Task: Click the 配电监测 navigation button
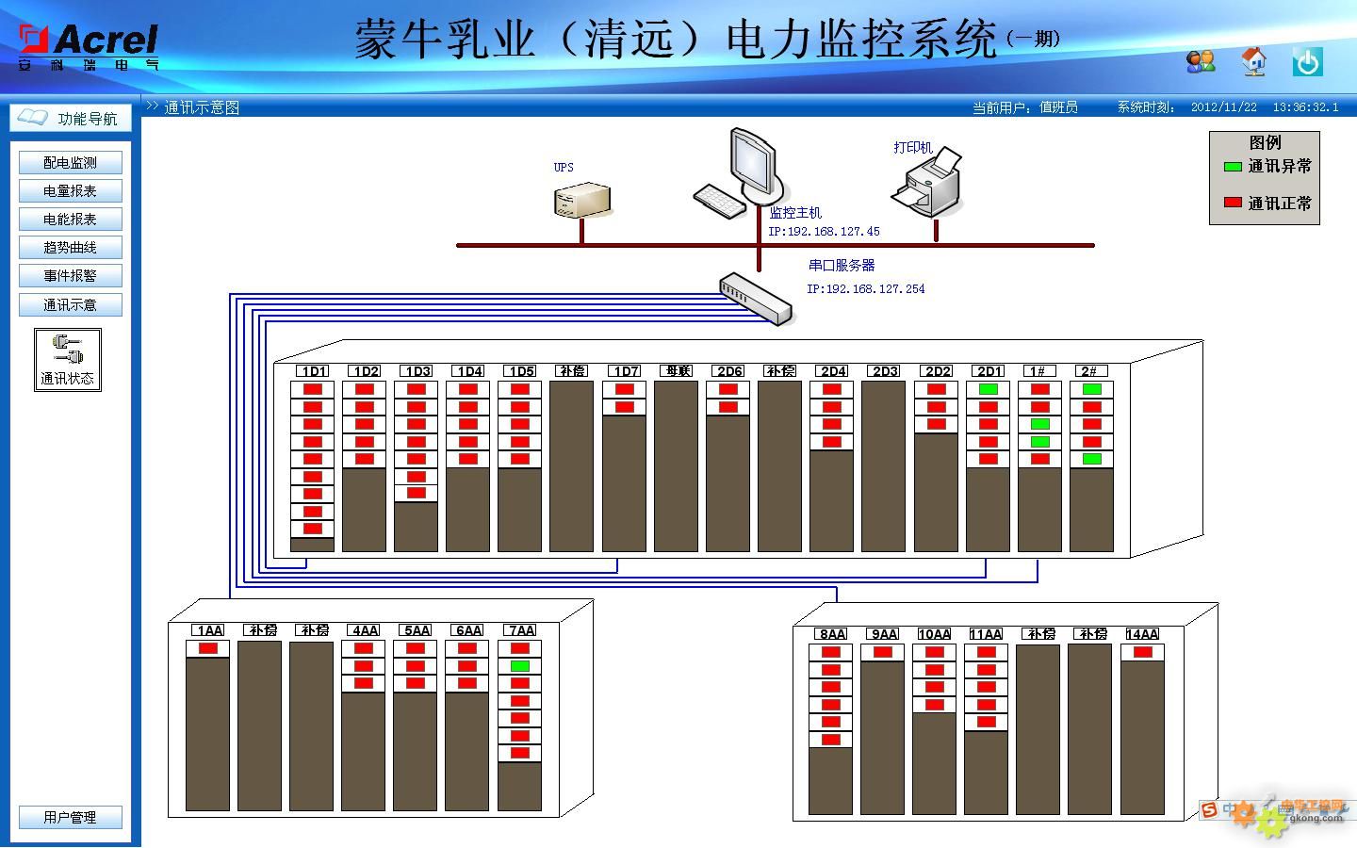(x=70, y=163)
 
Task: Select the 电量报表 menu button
(x=70, y=191)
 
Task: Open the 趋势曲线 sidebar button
(x=70, y=248)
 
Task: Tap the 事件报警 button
(x=70, y=276)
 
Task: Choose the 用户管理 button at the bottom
(x=70, y=817)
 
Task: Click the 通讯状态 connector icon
(x=68, y=351)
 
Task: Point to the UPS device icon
(x=580, y=199)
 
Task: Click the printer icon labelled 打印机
(x=927, y=184)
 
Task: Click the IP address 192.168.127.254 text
(x=865, y=289)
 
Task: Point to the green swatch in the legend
(x=1232, y=167)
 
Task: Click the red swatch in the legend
(x=1232, y=203)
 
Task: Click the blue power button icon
(x=1307, y=62)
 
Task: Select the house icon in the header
(x=1253, y=62)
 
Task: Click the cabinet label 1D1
(x=313, y=371)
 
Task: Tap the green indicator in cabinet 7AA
(x=520, y=666)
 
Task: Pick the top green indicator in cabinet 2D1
(x=988, y=389)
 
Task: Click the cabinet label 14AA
(x=1142, y=634)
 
